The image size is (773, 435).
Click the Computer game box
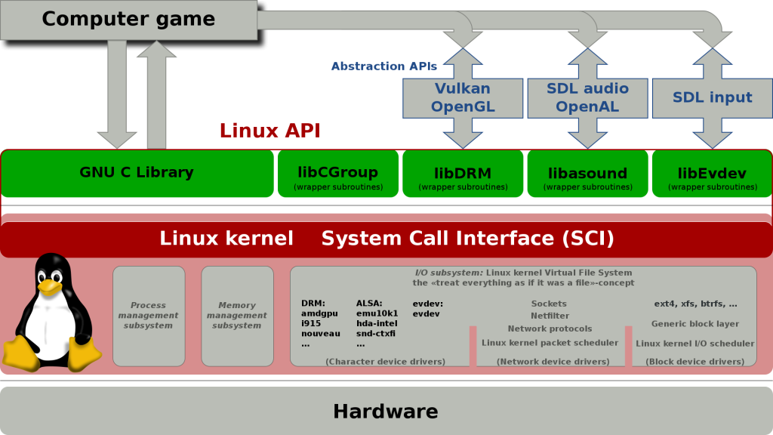(x=128, y=19)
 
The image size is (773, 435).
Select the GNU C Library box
(x=137, y=173)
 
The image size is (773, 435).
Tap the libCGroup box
(x=337, y=174)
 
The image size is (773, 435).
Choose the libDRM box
(x=462, y=174)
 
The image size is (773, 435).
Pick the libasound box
(x=587, y=174)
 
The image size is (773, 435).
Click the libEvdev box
(x=712, y=174)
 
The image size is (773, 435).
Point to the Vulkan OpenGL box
(x=463, y=97)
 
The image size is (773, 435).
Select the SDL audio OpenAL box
(x=587, y=97)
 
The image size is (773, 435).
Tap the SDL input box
(x=712, y=97)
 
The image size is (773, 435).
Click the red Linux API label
(x=269, y=131)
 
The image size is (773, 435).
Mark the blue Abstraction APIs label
(x=383, y=66)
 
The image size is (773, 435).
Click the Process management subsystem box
(x=149, y=316)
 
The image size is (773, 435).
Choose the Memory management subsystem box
(x=236, y=316)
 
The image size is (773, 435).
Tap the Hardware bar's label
(x=386, y=412)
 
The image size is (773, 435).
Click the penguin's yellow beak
(x=49, y=286)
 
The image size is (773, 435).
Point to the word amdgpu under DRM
(x=318, y=313)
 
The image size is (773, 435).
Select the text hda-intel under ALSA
(x=376, y=323)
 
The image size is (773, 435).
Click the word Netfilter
(x=549, y=316)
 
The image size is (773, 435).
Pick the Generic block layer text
(x=695, y=324)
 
